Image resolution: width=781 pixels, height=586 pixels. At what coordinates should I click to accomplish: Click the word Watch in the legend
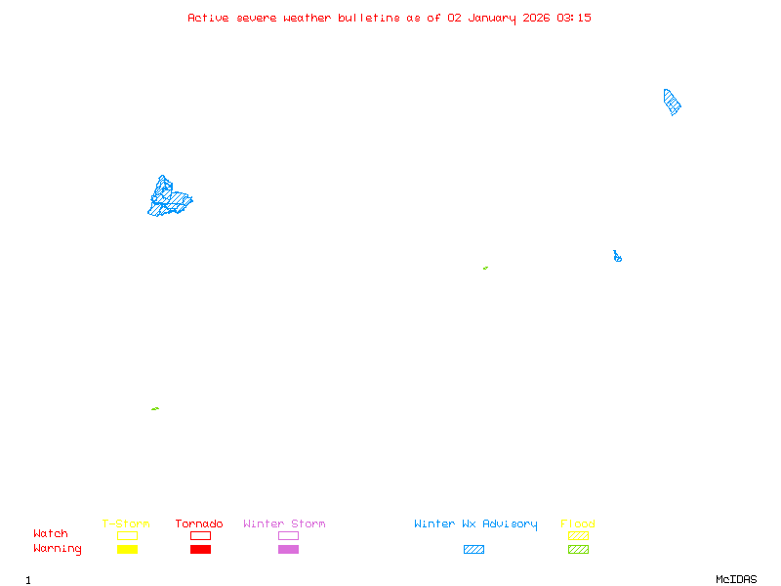coord(51,534)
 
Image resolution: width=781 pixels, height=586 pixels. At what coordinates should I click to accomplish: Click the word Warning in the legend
coord(58,549)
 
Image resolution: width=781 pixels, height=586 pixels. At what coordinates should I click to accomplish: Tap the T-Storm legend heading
coord(126,524)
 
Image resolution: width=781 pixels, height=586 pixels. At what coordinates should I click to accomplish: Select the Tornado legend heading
coord(199,524)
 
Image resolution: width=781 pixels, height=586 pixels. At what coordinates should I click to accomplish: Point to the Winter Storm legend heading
coord(284,524)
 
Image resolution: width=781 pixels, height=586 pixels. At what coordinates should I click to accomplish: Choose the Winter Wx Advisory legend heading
coord(475,524)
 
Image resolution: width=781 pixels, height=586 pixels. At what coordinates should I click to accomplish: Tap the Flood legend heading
coord(578,524)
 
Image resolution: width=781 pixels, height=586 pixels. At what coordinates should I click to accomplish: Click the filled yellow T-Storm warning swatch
coord(127,550)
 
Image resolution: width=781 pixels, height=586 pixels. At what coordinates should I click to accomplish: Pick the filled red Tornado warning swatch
coord(200,550)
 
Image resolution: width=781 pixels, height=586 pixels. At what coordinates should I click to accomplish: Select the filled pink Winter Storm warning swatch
coord(288,550)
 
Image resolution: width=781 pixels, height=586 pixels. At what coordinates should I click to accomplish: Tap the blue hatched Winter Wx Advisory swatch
coord(473,550)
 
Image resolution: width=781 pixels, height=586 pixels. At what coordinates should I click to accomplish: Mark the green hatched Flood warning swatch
coord(578,550)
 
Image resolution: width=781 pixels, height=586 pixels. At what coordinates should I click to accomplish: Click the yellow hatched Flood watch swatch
coord(578,535)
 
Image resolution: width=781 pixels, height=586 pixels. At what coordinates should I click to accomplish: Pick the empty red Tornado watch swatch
coord(200,535)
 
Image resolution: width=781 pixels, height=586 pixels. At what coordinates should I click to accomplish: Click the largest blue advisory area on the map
coord(170,198)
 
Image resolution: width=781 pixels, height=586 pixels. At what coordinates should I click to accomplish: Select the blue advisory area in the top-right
coord(672,102)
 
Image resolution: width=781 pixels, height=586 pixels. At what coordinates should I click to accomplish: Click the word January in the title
coord(492,18)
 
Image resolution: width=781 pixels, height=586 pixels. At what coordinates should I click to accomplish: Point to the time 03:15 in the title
coord(574,18)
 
